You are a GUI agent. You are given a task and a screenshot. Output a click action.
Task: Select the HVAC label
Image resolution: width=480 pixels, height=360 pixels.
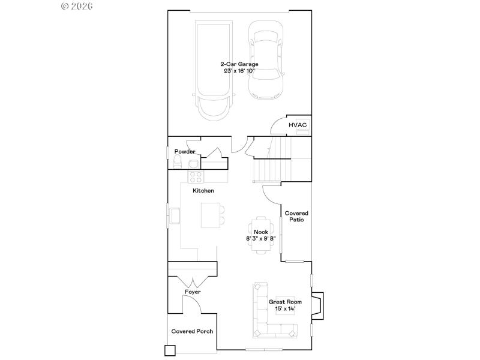click(x=298, y=125)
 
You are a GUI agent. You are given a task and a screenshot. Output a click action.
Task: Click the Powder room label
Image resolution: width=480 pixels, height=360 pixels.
click(x=184, y=152)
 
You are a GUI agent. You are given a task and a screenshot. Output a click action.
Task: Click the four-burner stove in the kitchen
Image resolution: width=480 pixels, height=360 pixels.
click(x=196, y=176)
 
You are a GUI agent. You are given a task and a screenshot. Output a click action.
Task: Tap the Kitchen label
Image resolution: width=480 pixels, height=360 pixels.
click(x=203, y=191)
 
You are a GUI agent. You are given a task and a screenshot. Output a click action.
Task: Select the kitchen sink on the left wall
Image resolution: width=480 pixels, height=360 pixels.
click(x=176, y=215)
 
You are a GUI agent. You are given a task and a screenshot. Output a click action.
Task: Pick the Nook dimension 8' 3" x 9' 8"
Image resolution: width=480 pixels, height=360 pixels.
click(x=260, y=238)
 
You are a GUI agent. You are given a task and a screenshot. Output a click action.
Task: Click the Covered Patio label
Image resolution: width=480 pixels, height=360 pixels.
click(x=296, y=216)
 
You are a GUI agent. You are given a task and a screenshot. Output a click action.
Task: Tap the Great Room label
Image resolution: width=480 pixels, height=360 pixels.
click(x=285, y=302)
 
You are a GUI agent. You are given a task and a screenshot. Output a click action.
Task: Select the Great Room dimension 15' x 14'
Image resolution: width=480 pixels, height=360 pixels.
click(x=285, y=308)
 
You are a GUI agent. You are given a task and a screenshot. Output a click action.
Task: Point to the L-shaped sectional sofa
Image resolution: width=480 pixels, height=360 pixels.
click(x=264, y=318)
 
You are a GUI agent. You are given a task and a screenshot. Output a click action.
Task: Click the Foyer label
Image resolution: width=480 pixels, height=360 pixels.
click(x=193, y=292)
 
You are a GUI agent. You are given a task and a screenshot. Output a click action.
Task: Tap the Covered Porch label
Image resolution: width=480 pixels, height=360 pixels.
click(x=192, y=331)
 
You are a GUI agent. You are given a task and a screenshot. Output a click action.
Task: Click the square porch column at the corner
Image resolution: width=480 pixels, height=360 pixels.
click(x=170, y=350)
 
